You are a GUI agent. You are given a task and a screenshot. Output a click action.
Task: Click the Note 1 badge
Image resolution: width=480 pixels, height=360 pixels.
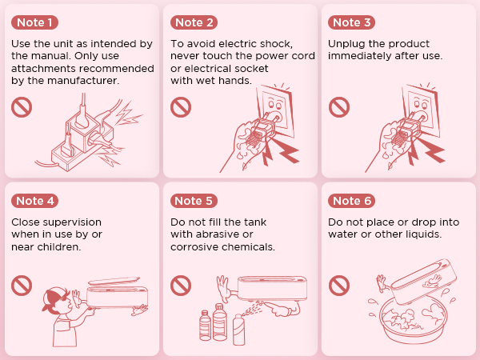[34, 22]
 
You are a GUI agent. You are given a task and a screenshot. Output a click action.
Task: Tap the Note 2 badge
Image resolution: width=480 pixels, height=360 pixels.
[194, 22]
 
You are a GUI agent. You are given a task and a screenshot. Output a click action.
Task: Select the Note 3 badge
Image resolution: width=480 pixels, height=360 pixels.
[351, 22]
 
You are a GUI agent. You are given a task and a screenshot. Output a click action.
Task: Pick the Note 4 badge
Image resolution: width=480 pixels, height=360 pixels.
[34, 201]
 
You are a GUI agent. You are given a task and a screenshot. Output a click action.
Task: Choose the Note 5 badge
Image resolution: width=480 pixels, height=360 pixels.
[194, 201]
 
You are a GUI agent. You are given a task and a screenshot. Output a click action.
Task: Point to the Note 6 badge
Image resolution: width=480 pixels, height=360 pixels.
[351, 201]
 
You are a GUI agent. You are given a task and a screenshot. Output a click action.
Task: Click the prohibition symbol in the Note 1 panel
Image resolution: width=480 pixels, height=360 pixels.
[22, 107]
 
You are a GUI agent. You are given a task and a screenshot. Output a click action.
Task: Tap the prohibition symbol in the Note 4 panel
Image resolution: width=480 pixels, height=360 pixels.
[22, 286]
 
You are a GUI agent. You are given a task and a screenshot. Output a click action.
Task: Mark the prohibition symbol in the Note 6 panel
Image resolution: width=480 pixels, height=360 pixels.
[339, 286]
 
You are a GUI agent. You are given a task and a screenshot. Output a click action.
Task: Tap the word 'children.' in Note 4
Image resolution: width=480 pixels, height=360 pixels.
[59, 246]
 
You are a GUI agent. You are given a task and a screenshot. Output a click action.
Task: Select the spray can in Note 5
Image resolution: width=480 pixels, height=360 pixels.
[239, 330]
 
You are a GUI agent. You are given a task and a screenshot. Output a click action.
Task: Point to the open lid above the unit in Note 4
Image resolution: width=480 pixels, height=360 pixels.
[114, 281]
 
